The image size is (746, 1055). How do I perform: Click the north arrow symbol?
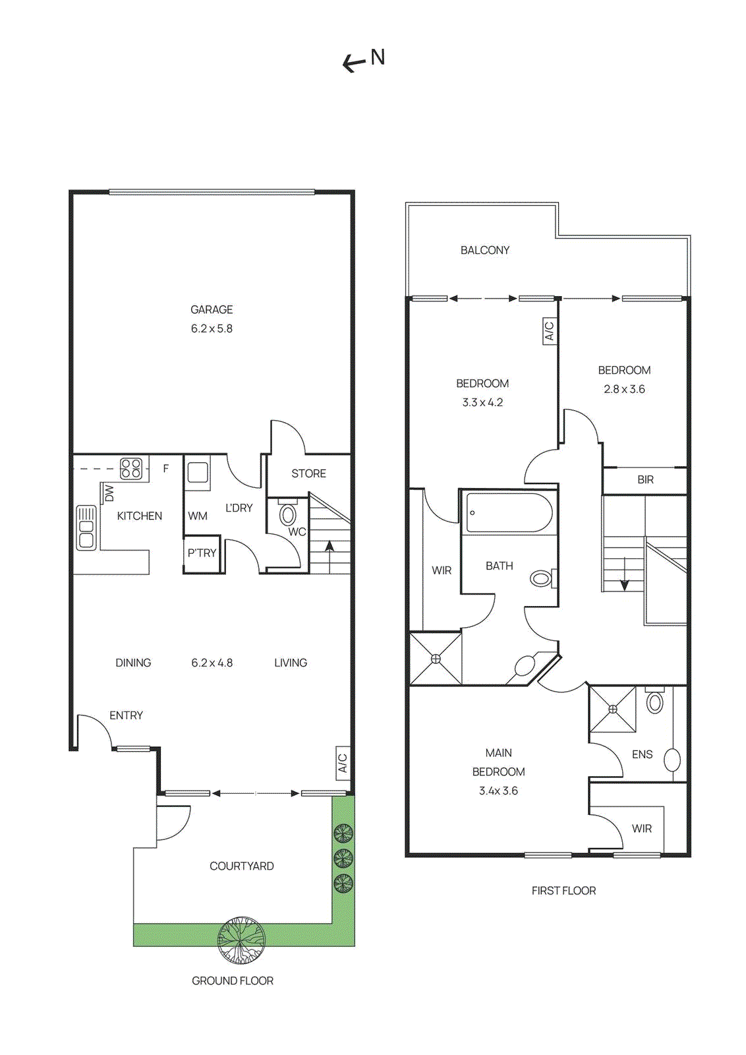363,60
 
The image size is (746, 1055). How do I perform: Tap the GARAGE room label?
212,309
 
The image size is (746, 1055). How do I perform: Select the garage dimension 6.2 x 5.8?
212,328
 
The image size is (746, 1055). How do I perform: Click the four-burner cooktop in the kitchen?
131,468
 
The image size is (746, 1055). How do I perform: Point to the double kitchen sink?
86,527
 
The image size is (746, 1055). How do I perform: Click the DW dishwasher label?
109,493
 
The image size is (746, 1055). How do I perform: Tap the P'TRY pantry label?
202,553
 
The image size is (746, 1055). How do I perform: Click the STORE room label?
308,473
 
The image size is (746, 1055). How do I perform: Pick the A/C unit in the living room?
343,763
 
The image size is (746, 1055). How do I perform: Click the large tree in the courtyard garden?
242,940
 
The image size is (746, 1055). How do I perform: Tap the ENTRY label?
126,715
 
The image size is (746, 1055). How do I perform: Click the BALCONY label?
484,251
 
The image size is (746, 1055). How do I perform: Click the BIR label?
645,480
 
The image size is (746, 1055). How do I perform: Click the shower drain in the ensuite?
612,709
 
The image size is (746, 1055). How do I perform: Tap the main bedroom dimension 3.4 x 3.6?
498,791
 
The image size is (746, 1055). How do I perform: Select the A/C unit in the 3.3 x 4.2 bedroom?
549,330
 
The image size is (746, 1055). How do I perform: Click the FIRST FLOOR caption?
563,891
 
